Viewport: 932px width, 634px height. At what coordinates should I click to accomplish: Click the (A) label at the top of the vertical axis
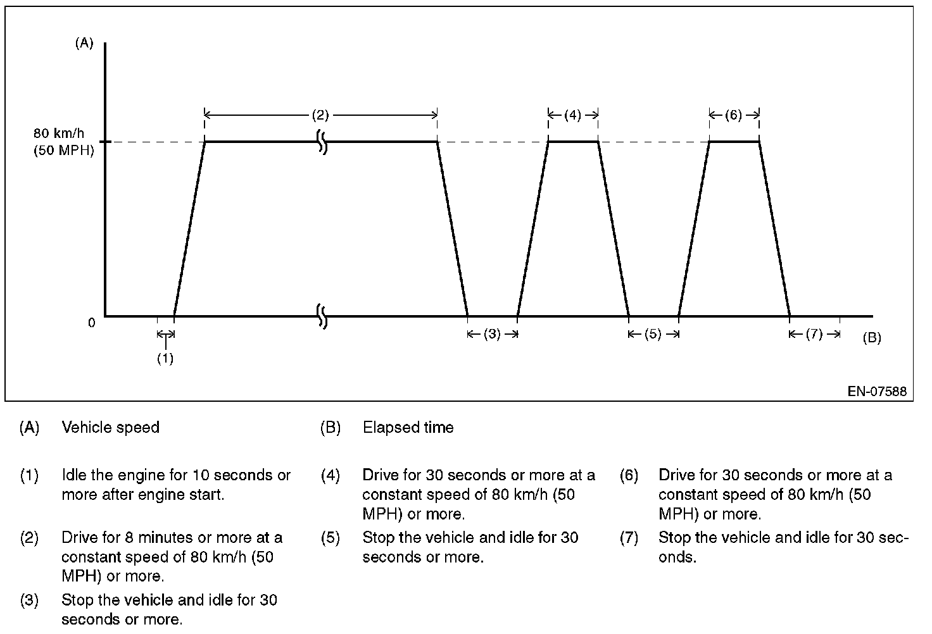[84, 43]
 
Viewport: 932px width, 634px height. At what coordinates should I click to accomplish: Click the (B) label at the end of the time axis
[871, 338]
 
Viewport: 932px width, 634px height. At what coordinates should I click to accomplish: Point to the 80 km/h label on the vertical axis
[58, 134]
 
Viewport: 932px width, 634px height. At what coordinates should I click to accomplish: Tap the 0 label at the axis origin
[92, 323]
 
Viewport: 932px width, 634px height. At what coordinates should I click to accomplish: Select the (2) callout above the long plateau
[320, 115]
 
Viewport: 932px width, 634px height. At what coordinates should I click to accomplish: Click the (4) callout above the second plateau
[572, 115]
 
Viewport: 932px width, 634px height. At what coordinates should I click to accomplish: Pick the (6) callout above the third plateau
[733, 115]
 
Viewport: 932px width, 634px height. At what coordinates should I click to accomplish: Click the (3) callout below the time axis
[492, 334]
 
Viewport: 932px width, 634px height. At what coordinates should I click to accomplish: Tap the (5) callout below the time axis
[653, 334]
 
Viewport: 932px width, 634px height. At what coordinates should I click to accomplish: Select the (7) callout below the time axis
[814, 334]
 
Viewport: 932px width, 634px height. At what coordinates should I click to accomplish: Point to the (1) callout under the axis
[165, 358]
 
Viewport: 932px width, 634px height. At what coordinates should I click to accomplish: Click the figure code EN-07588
[877, 392]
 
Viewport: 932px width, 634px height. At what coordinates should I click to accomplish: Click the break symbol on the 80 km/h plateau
[322, 142]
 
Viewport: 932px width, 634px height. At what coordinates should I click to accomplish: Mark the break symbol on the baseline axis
[322, 316]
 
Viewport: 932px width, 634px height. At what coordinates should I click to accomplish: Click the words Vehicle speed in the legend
[110, 428]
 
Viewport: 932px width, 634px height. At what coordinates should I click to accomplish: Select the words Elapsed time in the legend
[408, 428]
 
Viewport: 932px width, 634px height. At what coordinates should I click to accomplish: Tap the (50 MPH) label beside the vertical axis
[63, 151]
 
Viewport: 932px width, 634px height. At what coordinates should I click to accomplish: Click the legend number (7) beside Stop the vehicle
[629, 538]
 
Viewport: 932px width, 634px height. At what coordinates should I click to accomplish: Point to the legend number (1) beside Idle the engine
[30, 475]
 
